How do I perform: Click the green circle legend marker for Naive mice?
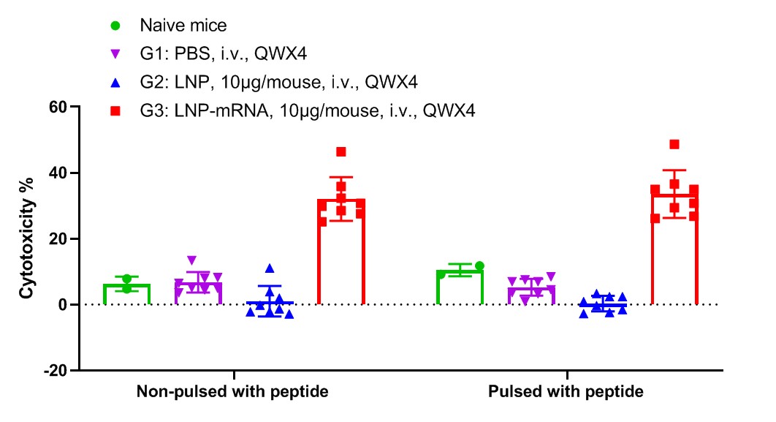[115, 26]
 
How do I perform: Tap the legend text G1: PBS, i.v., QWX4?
[223, 53]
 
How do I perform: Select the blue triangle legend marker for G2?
[115, 82]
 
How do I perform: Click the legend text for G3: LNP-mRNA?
[308, 110]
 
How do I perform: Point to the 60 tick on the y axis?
[75, 107]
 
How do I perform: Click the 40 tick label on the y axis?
[58, 173]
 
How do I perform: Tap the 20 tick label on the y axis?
[58, 238]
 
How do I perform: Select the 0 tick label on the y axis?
[62, 304]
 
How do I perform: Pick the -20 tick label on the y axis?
[56, 371]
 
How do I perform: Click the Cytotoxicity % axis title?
[27, 238]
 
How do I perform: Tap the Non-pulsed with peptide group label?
[232, 391]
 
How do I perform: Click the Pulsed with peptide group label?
[566, 391]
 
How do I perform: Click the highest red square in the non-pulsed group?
[341, 151]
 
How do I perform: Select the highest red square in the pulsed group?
[674, 144]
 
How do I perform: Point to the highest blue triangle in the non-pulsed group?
[270, 268]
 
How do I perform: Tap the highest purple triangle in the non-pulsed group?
[192, 260]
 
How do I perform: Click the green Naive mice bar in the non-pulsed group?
[126, 294]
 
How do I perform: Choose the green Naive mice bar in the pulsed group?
[460, 287]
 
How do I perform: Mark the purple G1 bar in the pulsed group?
[531, 295]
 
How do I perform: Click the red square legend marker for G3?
[115, 110]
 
